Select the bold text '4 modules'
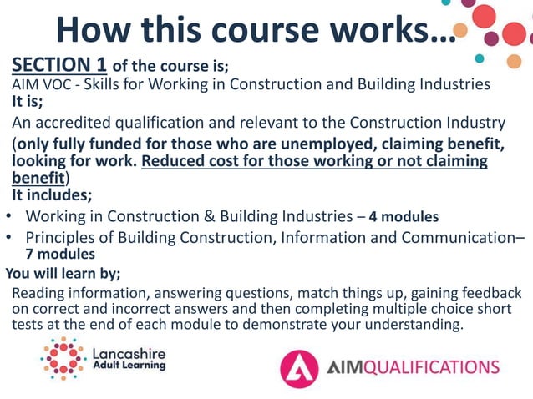tap(404, 217)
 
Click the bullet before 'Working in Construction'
tap(8, 217)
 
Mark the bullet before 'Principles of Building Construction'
tap(8, 237)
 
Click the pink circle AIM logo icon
tap(299, 368)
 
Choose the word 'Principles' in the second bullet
tap(62, 237)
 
